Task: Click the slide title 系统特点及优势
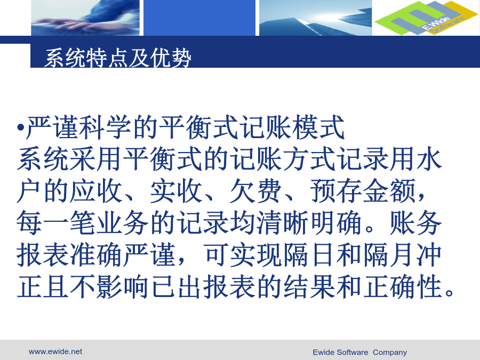[x=118, y=58]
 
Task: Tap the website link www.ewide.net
[x=55, y=351]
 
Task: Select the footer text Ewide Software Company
[x=359, y=353]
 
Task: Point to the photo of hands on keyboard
[x=85, y=18]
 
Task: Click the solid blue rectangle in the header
[x=199, y=18]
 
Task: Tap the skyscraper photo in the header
[x=316, y=18]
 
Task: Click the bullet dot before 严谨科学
[x=20, y=127]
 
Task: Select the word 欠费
[x=256, y=191]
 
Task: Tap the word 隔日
[x=309, y=255]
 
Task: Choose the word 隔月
[x=389, y=255]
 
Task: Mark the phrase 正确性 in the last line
[x=403, y=287]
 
